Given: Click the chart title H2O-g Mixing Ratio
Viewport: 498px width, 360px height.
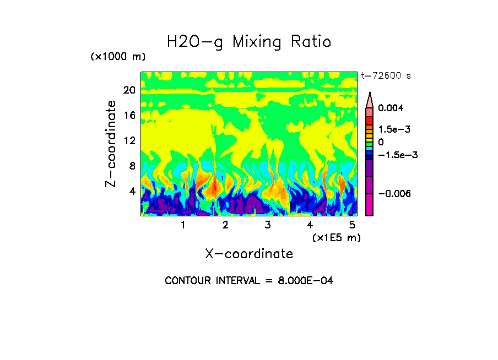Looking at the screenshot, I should [x=249, y=42].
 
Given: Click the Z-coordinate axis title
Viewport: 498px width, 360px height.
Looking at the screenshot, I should [x=111, y=144].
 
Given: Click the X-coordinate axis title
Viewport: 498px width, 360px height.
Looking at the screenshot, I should [x=249, y=254].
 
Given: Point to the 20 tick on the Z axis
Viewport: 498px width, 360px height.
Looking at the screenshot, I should [x=129, y=90].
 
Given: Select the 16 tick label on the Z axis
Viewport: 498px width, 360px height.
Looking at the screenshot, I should [x=129, y=116].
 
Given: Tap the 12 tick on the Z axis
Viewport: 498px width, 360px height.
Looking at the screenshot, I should [x=129, y=141].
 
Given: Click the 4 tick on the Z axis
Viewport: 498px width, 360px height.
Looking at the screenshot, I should [x=132, y=192].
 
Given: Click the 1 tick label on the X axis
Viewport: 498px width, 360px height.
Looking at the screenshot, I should [x=183, y=225].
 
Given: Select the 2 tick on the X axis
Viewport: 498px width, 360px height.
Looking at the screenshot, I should [x=225, y=225].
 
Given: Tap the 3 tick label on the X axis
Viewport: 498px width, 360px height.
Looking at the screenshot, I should [x=268, y=225].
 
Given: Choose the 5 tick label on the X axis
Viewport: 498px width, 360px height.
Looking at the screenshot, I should [x=352, y=225].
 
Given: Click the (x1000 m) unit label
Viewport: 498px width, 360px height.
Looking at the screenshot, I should [x=117, y=57].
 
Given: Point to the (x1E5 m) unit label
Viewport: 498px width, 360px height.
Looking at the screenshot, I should [x=337, y=237].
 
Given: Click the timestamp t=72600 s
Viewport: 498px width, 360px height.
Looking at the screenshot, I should [x=386, y=76].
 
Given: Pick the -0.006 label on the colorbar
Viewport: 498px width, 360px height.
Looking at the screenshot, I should [x=392, y=194].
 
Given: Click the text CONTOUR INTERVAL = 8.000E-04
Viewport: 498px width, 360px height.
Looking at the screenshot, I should [x=249, y=281].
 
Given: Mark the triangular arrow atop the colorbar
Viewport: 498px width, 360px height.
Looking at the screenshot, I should [x=370, y=99].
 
